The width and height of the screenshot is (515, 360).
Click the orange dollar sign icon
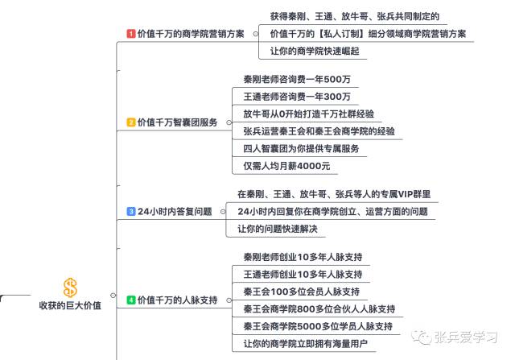[70, 288]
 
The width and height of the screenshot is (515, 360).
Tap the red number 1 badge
[130, 34]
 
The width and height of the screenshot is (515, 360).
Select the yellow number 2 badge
[130, 122]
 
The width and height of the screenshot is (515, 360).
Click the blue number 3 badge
[130, 211]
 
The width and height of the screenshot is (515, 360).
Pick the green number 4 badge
[130, 300]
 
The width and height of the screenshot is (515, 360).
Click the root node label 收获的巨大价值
[70, 305]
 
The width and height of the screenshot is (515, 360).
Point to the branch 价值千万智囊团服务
[177, 122]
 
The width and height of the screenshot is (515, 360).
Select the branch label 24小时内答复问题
[175, 211]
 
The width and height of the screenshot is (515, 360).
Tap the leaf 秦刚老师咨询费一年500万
[297, 79]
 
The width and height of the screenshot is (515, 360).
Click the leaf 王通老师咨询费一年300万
[297, 97]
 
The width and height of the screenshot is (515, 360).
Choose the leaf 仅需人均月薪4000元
[286, 166]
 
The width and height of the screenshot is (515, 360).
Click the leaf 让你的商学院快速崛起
[315, 51]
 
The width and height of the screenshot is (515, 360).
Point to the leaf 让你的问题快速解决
[278, 229]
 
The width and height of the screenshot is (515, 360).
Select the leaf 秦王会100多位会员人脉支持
[302, 292]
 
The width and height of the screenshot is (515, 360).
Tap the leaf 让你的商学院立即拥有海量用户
[306, 344]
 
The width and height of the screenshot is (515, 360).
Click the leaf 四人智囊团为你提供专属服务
[301, 149]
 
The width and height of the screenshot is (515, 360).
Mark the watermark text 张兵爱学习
[466, 337]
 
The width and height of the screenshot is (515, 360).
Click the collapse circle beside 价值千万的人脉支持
[229, 300]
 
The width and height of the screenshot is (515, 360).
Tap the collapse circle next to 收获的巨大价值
[113, 296]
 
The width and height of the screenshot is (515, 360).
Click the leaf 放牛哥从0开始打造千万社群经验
[309, 114]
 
